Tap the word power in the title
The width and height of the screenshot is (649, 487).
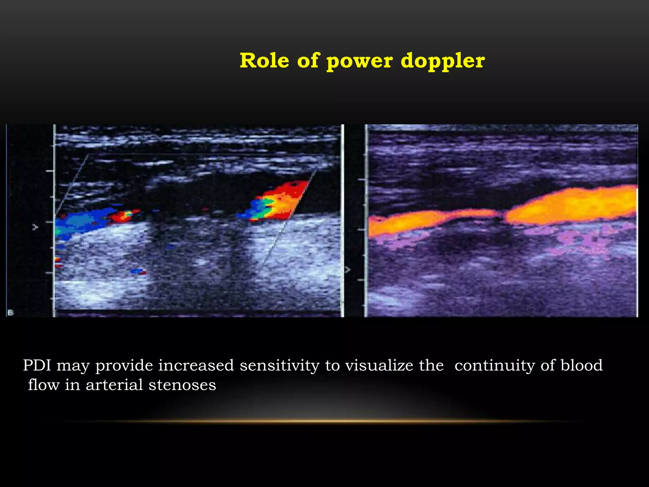pyautogui.click(x=360, y=61)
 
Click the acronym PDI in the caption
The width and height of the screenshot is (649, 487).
pyautogui.click(x=37, y=365)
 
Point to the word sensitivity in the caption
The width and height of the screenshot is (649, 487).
pyautogui.click(x=279, y=365)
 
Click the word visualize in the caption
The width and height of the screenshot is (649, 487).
pyautogui.click(x=379, y=365)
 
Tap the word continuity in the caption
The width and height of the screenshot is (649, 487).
pyautogui.click(x=495, y=365)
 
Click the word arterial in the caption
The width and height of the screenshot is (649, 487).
pyautogui.click(x=114, y=385)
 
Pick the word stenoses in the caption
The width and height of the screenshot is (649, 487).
pyautogui.click(x=182, y=385)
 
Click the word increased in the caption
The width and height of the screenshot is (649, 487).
pyautogui.click(x=196, y=365)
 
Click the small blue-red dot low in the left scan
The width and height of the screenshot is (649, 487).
pyautogui.click(x=138, y=271)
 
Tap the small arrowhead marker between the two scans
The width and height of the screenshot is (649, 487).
pyautogui.click(x=348, y=269)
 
